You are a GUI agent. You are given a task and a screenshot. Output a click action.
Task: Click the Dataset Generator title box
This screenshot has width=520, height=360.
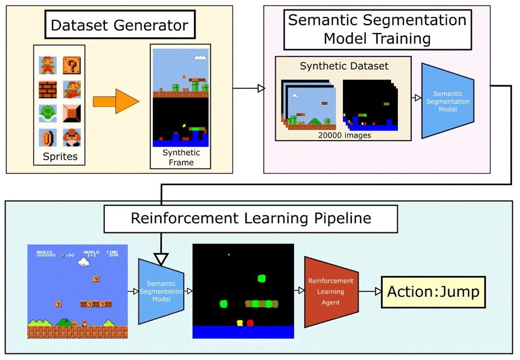[119, 25]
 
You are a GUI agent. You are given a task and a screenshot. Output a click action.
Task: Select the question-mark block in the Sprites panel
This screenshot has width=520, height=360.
[71, 66]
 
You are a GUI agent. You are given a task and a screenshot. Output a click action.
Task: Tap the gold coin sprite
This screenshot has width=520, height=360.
[47, 138]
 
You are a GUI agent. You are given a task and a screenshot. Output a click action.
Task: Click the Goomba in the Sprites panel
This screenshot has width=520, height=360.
[71, 138]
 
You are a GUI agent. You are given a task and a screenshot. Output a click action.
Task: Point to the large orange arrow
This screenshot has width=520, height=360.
[115, 101]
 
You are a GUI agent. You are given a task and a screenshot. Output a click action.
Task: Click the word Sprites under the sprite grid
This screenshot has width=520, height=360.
[60, 157]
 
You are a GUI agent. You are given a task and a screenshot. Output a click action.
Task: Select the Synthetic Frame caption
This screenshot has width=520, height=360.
[182, 157]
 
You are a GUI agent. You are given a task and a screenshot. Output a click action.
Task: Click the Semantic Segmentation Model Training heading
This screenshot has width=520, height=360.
[377, 29]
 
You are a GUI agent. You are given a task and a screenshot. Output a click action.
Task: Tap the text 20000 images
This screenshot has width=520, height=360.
[343, 135]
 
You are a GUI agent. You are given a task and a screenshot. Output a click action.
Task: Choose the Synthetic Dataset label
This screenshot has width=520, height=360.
[344, 66]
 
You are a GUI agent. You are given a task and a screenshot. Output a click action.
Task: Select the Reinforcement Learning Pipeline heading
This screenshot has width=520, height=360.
[250, 218]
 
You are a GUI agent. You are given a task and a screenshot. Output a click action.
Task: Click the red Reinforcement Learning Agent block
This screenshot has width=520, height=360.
[331, 292]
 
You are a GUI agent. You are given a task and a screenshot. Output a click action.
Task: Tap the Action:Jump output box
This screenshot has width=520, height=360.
[433, 292]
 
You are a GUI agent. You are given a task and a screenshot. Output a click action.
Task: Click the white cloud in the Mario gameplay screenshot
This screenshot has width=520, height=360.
[83, 261]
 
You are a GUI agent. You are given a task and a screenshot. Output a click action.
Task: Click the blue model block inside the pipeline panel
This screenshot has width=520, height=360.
[161, 291]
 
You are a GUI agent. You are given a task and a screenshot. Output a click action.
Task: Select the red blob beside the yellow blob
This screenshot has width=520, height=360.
[250, 322]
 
